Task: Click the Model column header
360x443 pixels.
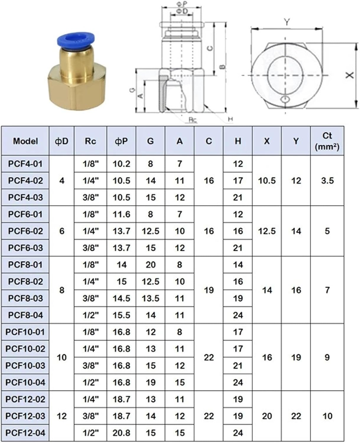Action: (x=25, y=141)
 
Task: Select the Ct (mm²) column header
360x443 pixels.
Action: (x=327, y=141)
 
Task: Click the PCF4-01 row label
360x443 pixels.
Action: (x=25, y=164)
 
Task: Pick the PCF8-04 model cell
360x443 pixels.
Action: (x=25, y=315)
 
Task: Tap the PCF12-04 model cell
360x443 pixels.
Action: (x=25, y=433)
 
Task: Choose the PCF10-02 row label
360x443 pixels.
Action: (x=25, y=349)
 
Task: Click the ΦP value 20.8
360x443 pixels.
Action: (x=121, y=433)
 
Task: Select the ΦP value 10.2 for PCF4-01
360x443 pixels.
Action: (x=121, y=164)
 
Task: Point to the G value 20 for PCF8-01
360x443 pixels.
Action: (x=150, y=265)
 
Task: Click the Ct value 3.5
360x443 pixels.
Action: (x=327, y=180)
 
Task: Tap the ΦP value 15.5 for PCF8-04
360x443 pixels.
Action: (x=121, y=315)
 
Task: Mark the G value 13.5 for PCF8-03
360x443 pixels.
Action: (x=150, y=298)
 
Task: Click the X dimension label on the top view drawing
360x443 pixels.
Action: (x=350, y=75)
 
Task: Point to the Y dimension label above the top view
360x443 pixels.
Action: (x=287, y=22)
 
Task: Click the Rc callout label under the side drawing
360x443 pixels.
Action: (x=193, y=120)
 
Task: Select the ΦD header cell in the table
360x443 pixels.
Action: (x=61, y=141)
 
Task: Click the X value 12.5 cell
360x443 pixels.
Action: (x=267, y=231)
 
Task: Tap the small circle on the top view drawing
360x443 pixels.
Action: (x=285, y=99)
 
